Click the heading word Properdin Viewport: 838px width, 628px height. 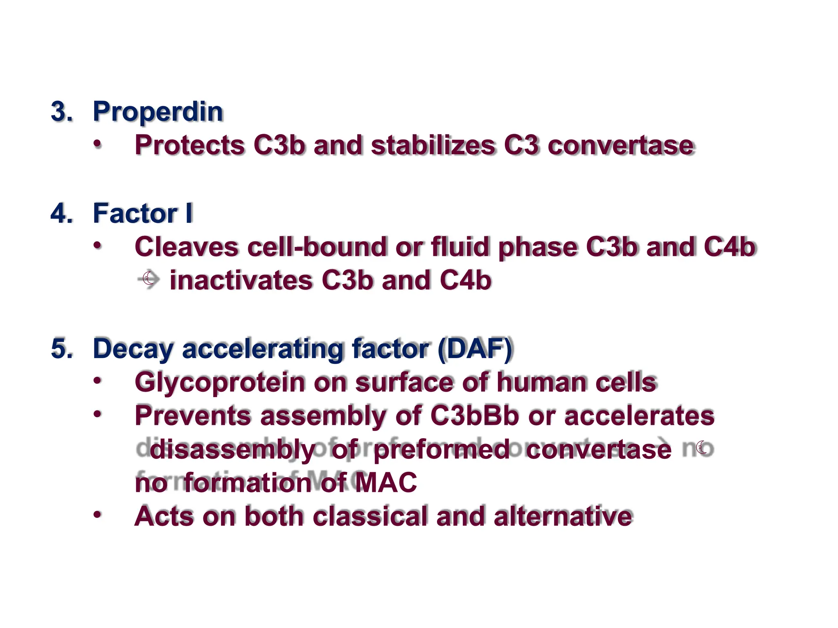[158, 112]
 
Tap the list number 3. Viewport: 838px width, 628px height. [62, 112]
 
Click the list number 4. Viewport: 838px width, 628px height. [62, 213]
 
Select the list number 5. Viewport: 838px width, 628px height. [62, 349]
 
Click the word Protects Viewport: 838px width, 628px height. [189, 145]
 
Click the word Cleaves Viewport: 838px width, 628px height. [186, 247]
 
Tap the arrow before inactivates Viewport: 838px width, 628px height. [149, 280]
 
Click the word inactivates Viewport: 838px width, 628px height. [241, 281]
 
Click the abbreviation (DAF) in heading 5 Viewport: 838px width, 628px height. [475, 349]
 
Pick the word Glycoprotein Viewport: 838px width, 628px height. [220, 383]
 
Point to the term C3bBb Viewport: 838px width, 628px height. [474, 416]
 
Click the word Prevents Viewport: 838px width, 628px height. [192, 416]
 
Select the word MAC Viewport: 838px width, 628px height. [385, 482]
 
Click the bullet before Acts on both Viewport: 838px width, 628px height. [97, 514]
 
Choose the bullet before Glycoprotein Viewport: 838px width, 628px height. [97, 381]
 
